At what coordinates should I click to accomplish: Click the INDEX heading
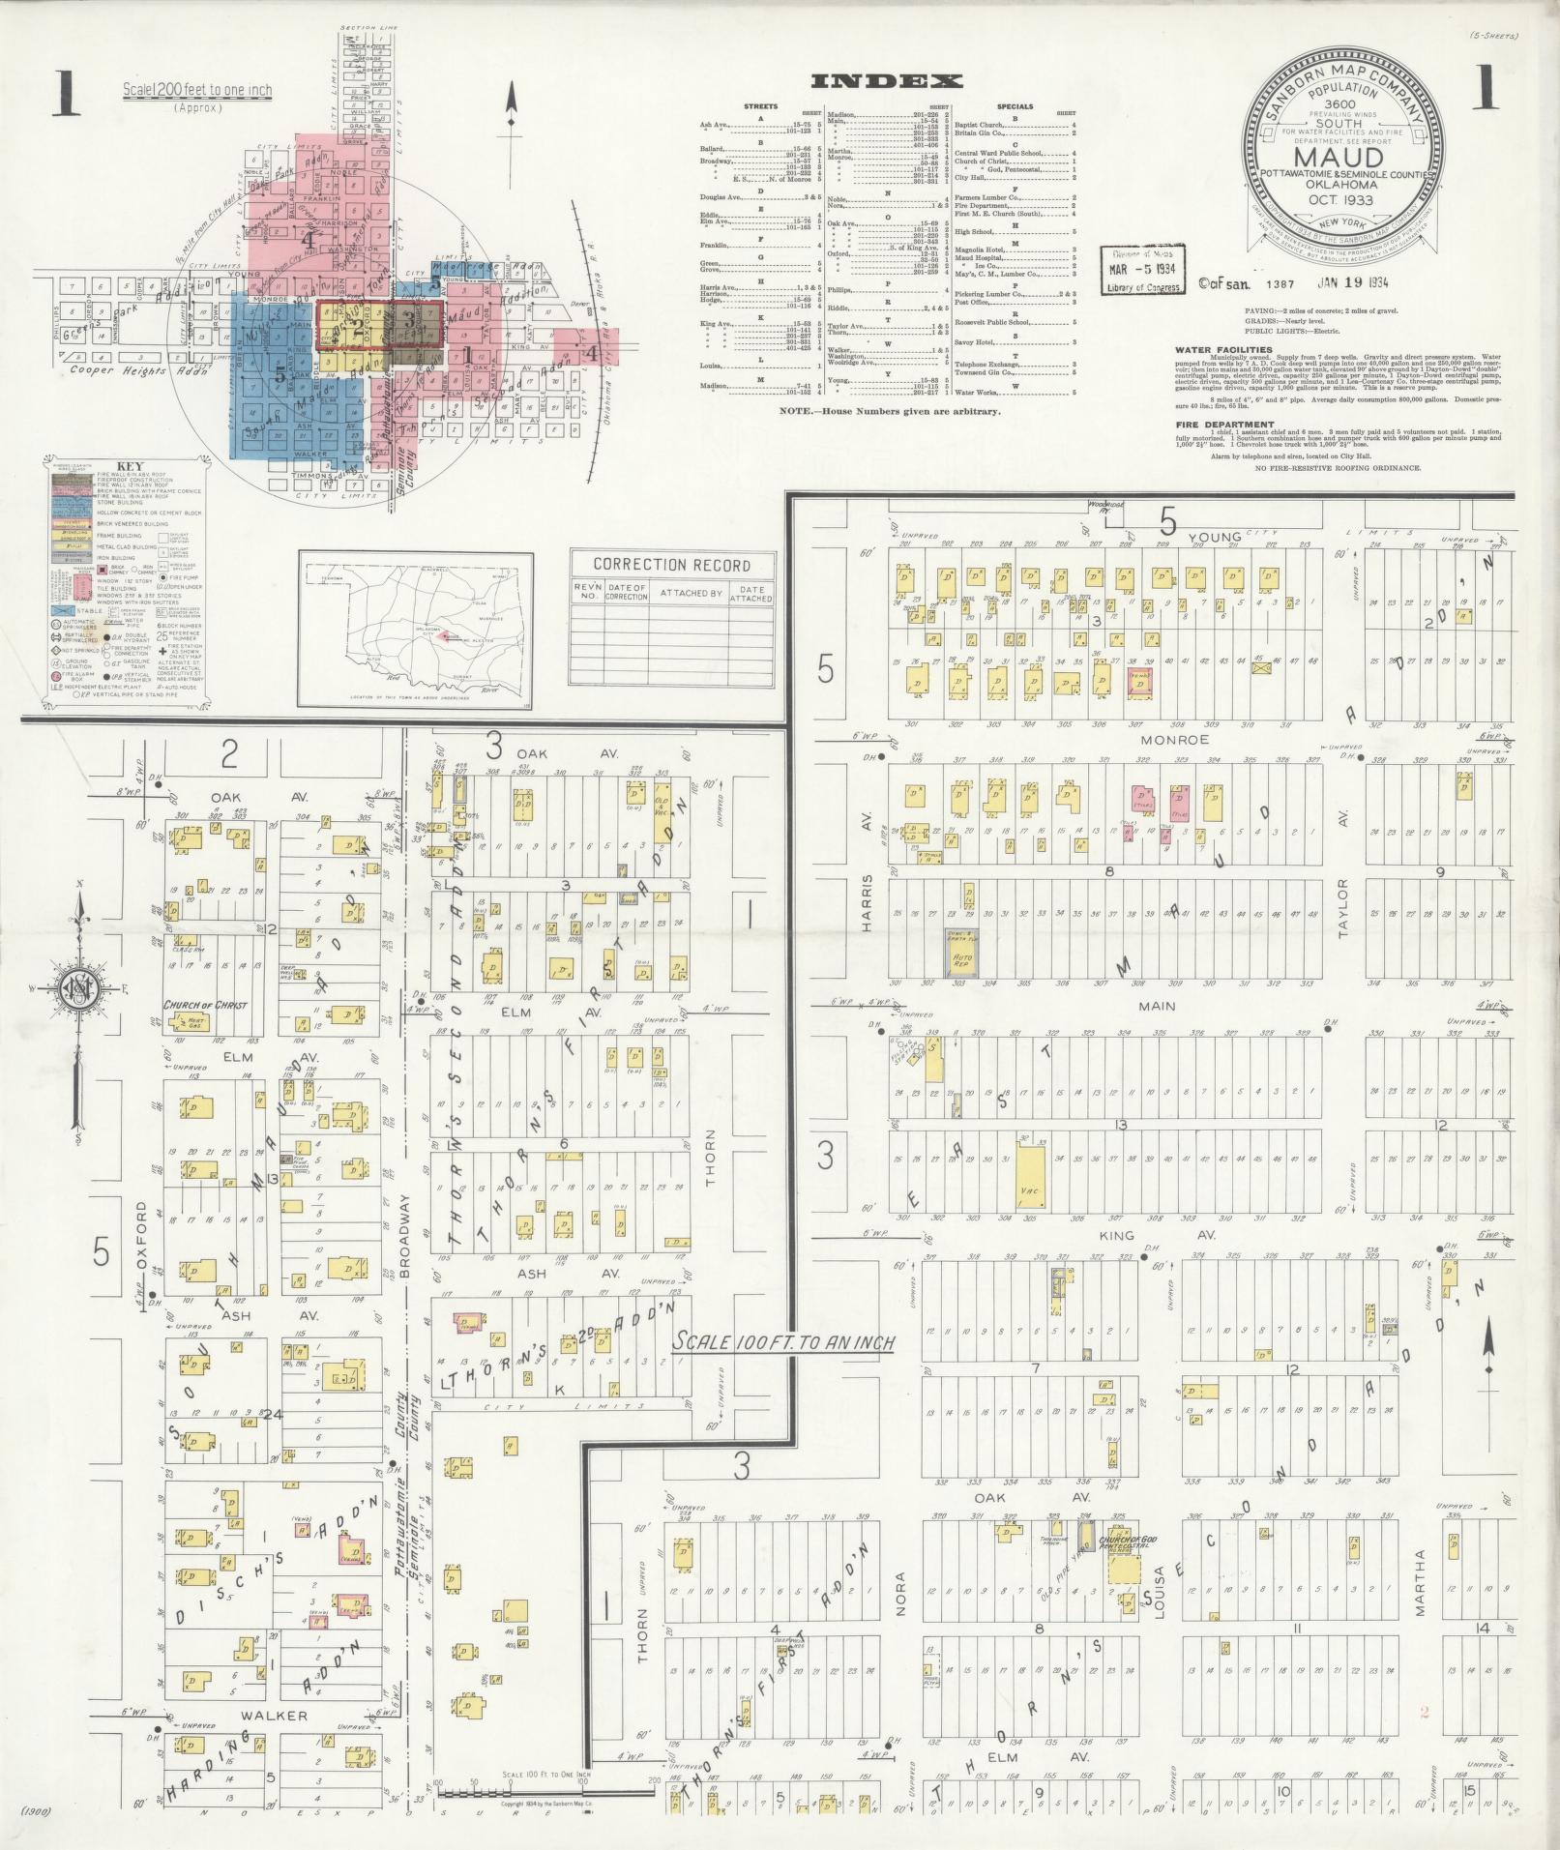(886, 81)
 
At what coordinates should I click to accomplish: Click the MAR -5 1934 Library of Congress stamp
(1142, 270)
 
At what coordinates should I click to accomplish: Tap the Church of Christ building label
(205, 1005)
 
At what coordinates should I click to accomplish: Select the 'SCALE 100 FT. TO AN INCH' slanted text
(783, 1342)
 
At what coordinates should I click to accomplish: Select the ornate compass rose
(78, 985)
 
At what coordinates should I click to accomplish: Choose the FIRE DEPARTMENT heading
(1224, 424)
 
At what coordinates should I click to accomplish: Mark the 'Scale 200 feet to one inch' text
(197, 92)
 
